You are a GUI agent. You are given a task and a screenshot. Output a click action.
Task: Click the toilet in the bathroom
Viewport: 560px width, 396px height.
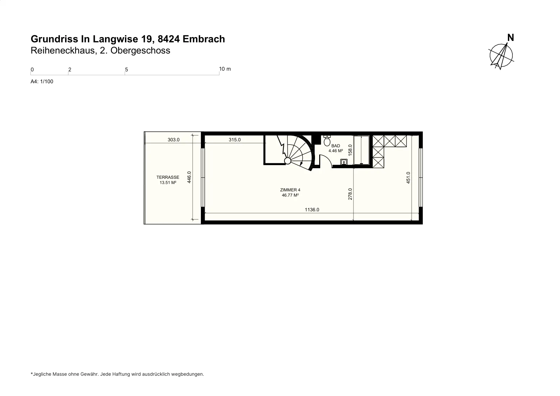tap(327, 140)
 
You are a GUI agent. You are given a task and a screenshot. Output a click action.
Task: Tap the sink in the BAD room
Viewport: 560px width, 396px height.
tap(344, 162)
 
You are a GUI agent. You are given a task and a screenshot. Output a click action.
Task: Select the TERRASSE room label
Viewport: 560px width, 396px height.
tap(168, 177)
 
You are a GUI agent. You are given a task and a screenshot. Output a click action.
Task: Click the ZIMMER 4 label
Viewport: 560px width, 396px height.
tap(290, 190)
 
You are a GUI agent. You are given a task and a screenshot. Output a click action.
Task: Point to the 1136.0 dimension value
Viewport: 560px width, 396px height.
tap(312, 210)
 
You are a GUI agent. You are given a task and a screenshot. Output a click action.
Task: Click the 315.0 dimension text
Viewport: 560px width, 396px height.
tap(235, 140)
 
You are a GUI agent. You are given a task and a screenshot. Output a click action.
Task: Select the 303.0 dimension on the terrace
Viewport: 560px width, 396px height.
tap(174, 140)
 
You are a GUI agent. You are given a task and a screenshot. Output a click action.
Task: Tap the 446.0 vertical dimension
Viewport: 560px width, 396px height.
tap(189, 177)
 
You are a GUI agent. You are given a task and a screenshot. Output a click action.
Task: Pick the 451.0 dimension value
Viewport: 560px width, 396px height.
tap(408, 178)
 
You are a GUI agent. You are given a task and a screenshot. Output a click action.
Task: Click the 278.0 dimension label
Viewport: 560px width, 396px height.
tap(350, 194)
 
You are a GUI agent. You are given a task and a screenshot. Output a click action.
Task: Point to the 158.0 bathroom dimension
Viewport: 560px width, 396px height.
tap(350, 150)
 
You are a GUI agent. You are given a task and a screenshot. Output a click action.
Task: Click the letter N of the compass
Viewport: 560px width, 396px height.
tap(511, 38)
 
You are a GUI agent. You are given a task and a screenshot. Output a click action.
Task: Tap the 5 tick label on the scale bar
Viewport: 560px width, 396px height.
tap(126, 70)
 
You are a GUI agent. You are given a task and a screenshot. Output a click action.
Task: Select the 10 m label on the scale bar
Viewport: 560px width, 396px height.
tap(225, 69)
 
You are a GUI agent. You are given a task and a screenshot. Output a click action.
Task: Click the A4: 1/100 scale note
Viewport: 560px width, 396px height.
tap(42, 82)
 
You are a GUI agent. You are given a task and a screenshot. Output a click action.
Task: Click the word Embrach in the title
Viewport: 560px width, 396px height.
tap(204, 39)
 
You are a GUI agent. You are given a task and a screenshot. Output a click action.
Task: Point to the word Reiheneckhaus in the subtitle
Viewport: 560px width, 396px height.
tap(63, 50)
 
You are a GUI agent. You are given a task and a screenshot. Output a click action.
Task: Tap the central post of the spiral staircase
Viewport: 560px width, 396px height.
tap(287, 161)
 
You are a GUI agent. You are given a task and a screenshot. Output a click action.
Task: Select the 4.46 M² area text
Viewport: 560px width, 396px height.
tap(336, 151)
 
